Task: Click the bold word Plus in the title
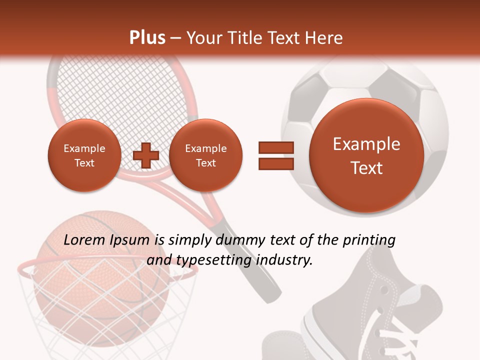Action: tap(147, 38)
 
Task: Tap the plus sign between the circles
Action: tap(145, 155)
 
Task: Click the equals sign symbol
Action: tap(276, 155)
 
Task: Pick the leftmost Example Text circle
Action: tap(84, 155)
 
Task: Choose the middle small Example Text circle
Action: tap(205, 155)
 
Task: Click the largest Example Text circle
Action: tap(366, 155)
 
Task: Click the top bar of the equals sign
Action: tap(276, 147)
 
